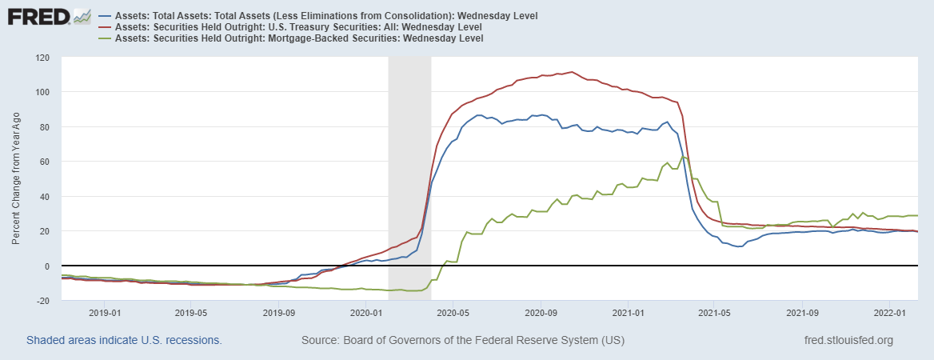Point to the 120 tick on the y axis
point(42,58)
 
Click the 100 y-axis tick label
point(42,92)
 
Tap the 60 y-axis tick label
point(45,162)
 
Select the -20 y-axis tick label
point(44,301)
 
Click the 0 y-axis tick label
point(48,266)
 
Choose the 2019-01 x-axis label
point(105,313)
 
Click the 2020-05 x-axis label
point(453,313)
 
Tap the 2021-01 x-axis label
point(628,313)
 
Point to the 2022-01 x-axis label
point(890,313)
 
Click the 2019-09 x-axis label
point(278,313)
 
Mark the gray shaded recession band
point(409,176)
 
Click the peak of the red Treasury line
point(570,72)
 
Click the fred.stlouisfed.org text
point(848,341)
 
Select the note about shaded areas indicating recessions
point(124,341)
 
